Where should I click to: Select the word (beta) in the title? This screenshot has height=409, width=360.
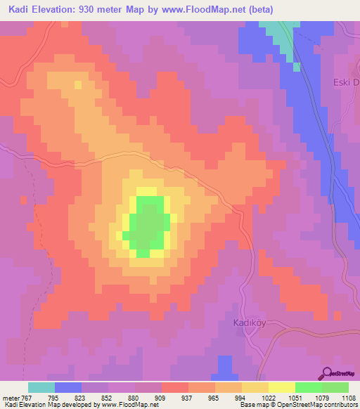258,9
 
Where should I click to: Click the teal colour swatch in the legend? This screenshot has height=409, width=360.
41,387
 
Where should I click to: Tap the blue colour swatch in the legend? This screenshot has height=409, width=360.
68,387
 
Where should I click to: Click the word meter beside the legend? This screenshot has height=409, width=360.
9,398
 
